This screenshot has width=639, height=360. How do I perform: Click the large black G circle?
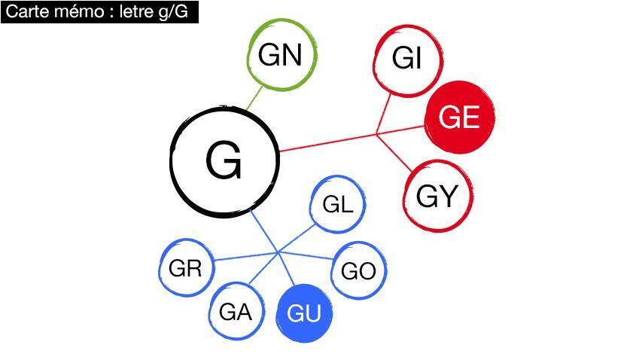(x=224, y=160)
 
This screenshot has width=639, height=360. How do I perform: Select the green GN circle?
(x=280, y=55)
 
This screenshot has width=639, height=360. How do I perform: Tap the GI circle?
(x=407, y=59)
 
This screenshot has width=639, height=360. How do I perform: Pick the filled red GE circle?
(x=459, y=117)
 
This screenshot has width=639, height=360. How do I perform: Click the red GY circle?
(x=437, y=197)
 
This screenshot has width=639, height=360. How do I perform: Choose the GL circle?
(x=337, y=204)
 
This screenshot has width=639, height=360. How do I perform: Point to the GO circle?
(x=358, y=271)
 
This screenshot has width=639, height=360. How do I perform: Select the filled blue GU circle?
(x=304, y=313)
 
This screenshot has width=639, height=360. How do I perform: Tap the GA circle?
(x=235, y=311)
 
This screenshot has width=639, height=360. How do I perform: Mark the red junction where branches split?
(x=376, y=135)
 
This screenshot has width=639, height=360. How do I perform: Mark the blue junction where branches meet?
(x=279, y=252)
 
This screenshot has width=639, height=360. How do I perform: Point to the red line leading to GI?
(x=383, y=114)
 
